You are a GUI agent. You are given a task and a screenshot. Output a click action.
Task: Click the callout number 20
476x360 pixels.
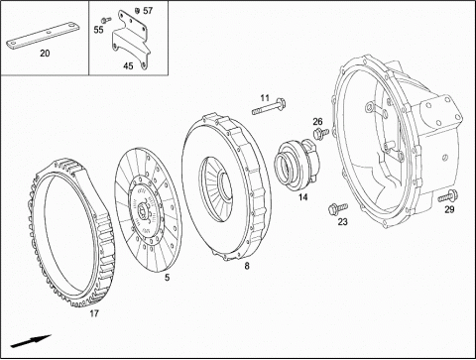pyautogui.click(x=45, y=53)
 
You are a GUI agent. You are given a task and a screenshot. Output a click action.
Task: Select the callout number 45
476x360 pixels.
pyautogui.click(x=128, y=65)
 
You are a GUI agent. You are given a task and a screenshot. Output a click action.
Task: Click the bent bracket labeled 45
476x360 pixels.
pyautogui.click(x=131, y=39)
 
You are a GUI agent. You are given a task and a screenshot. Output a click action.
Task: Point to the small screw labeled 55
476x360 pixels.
pyautogui.click(x=106, y=20)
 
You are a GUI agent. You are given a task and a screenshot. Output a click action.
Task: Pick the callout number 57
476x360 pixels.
pyautogui.click(x=148, y=11)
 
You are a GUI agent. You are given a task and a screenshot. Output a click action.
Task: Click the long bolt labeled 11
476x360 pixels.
pyautogui.click(x=269, y=107)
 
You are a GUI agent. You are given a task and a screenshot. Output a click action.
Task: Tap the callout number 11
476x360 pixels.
pyautogui.click(x=265, y=98)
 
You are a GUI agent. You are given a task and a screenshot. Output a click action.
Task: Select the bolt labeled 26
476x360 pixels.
pyautogui.click(x=320, y=133)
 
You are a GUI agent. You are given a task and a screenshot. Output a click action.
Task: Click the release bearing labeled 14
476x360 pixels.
pyautogui.click(x=297, y=166)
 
